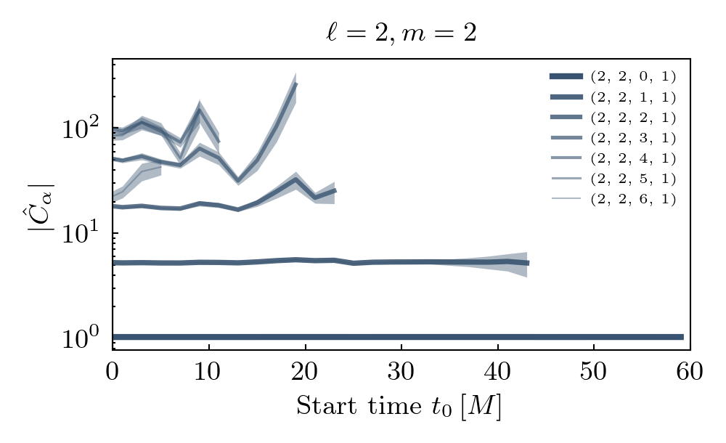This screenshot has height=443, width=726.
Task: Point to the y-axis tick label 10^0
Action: pyautogui.click(x=81, y=339)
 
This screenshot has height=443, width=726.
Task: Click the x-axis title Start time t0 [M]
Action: pyautogui.click(x=399, y=407)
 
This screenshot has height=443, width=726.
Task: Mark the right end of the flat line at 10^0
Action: pyautogui.click(x=682, y=337)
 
